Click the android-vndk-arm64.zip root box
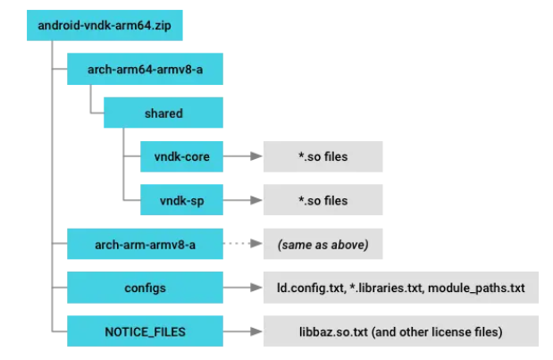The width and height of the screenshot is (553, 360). [105, 25]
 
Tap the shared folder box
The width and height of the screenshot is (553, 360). [163, 113]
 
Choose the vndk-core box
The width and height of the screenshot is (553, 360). [182, 157]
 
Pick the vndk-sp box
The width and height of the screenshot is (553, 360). [182, 200]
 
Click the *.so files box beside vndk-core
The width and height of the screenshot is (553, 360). [323, 157]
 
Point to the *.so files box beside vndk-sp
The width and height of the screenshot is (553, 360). [323, 200]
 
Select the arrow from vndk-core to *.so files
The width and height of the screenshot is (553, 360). [242, 157]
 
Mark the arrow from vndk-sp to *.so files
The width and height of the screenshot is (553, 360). [242, 200]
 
